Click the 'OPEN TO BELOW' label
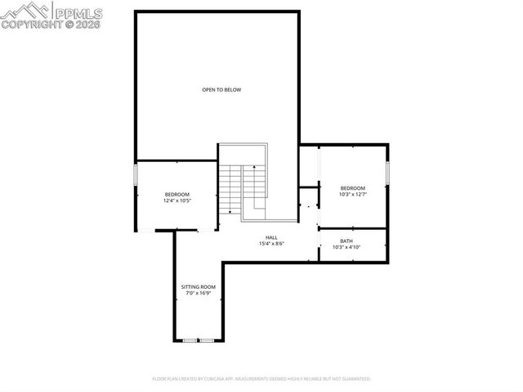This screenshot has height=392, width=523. coord(221,89)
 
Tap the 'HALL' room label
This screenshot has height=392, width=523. coord(270,237)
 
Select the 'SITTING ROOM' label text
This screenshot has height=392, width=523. coord(197,286)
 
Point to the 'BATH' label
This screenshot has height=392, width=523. coord(346,241)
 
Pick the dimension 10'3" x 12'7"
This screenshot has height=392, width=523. coord(352,194)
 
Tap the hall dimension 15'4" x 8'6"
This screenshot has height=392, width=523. coord(270,244)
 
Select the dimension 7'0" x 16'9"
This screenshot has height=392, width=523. coord(197,293)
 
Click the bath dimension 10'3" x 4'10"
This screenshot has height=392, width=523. coord(346,247)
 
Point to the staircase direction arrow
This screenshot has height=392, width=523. coord(254,180)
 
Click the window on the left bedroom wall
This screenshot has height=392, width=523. coord(136,175)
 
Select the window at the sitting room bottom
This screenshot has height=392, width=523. coord(198,340)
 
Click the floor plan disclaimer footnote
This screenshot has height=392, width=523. coord(261,379)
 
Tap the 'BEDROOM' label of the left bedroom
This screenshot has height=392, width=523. coord(177,194)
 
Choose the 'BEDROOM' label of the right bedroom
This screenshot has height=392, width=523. coord(352,187)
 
